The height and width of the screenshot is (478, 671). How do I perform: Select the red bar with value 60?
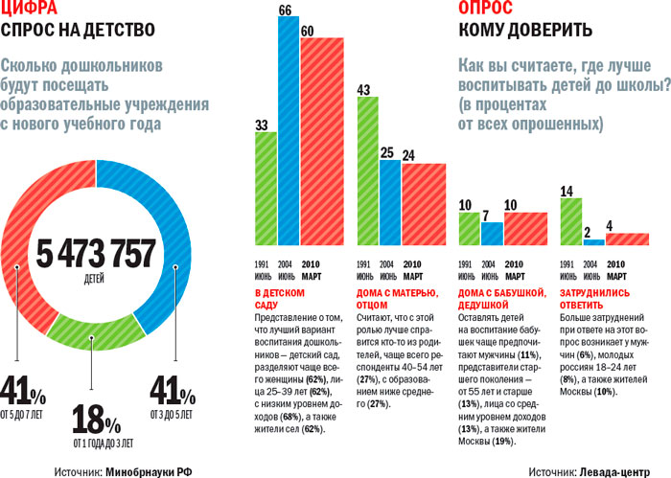(x=321, y=147)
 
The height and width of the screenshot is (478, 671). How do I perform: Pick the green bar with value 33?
(x=266, y=190)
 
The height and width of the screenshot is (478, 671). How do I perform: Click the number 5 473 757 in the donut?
(x=96, y=255)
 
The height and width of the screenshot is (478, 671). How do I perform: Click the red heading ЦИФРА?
(x=32, y=9)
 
